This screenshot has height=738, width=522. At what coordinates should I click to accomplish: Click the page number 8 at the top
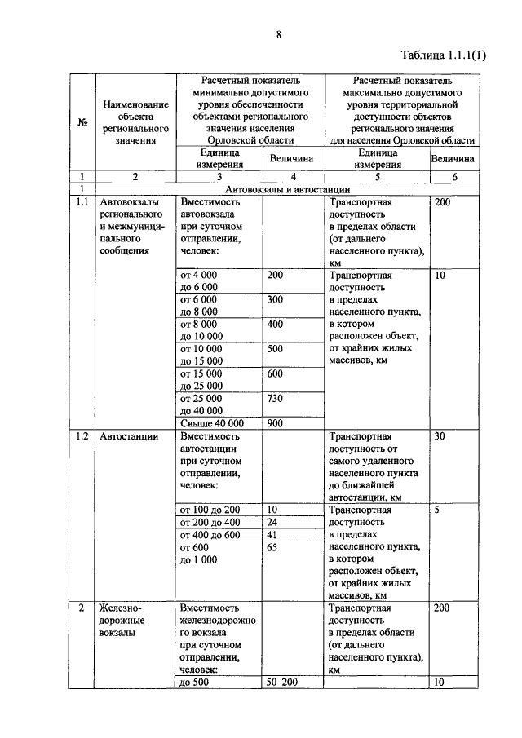point(279,35)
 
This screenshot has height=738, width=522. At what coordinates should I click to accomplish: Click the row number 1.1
point(82,202)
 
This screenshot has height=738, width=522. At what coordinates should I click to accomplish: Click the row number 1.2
point(82,436)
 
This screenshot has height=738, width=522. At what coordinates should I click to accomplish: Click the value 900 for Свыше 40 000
point(276,423)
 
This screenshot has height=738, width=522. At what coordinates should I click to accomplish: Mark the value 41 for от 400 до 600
point(273,535)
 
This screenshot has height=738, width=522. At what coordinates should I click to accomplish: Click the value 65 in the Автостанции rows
point(273,548)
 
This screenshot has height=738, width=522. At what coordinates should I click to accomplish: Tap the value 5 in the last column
point(438,510)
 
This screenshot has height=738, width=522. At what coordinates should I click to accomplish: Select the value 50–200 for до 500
point(283,683)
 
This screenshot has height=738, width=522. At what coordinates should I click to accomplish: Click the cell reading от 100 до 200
point(210,510)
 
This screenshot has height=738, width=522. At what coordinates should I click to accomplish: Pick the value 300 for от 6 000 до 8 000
point(276,299)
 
